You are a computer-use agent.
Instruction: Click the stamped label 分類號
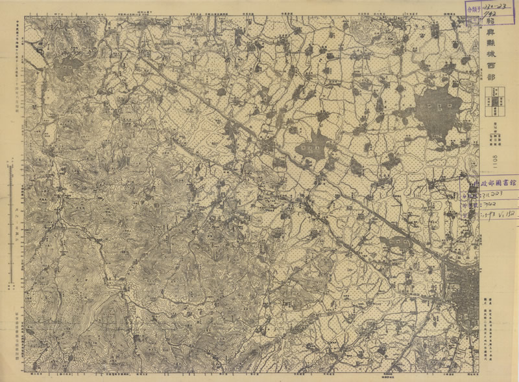click(476, 10)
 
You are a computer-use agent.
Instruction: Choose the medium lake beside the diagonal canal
click(313, 147)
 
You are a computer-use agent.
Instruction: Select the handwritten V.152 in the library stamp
click(507, 214)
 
